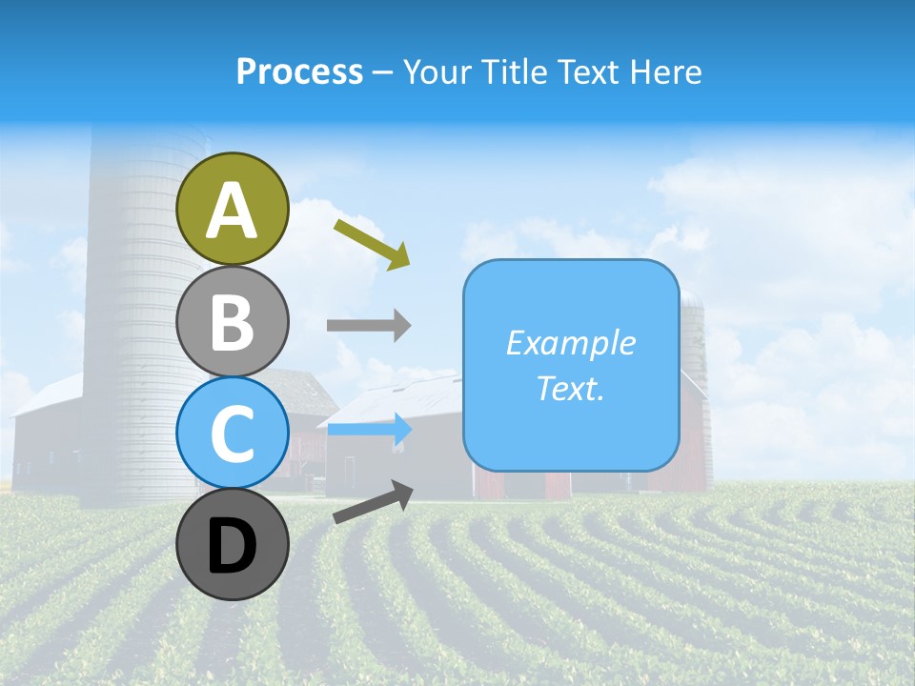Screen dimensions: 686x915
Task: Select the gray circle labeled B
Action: click(233, 321)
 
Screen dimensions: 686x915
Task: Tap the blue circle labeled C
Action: click(233, 434)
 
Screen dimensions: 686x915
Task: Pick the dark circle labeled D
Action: click(233, 545)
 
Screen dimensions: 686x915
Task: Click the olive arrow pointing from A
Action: click(372, 243)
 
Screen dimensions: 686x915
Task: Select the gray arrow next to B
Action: click(369, 325)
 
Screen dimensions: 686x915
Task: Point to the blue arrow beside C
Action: click(369, 430)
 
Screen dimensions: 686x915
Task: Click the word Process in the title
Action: click(299, 71)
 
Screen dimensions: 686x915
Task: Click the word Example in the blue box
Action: click(571, 343)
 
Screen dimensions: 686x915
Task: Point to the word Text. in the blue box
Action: click(571, 389)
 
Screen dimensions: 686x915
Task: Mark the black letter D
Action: click(233, 547)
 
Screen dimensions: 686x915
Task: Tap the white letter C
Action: click(233, 434)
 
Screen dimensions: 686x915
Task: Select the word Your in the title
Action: click(437, 71)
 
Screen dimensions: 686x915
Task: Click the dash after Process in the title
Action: click(383, 72)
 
